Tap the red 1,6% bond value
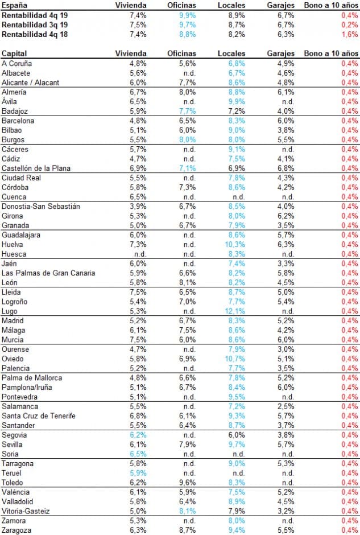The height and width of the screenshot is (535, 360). (x=350, y=35)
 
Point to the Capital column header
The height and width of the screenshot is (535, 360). (x=15, y=53)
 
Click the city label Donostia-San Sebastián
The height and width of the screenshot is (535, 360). (x=40, y=206)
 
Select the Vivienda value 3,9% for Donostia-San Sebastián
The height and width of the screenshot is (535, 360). (x=138, y=206)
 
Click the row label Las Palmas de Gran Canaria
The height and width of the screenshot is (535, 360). (x=48, y=273)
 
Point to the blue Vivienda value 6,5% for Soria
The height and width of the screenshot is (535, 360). (x=138, y=454)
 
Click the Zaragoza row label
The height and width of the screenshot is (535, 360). (x=17, y=530)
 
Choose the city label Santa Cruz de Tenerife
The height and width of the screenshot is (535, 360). (x=39, y=416)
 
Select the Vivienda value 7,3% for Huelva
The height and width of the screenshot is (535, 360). (x=138, y=244)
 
